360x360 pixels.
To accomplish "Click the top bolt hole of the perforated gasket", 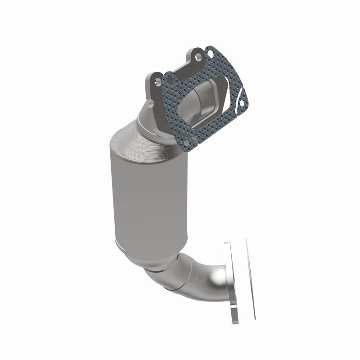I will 210,55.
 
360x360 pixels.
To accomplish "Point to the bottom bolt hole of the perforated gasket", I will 185,141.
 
